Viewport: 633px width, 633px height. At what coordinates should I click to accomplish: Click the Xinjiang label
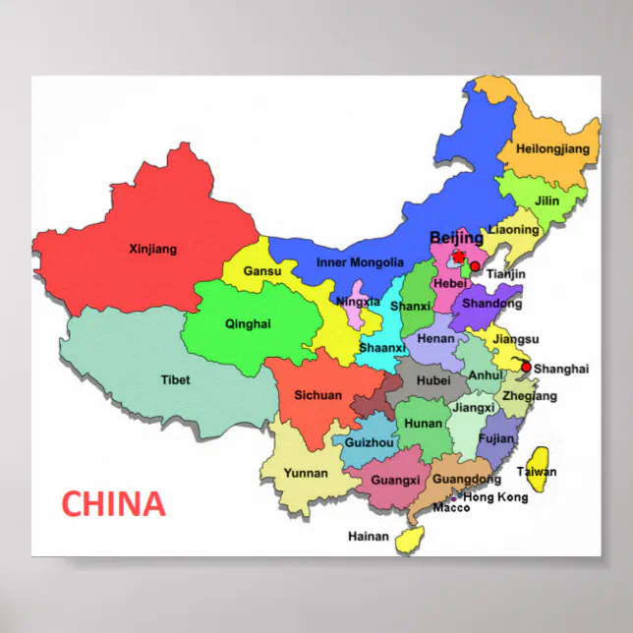pos(152,249)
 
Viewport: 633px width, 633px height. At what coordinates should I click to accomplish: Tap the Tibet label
pos(175,379)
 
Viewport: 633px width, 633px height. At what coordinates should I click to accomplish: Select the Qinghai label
pos(248,323)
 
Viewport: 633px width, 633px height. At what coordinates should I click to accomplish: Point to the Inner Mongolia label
pos(360,262)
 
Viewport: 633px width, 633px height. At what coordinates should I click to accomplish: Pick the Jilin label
pos(547,201)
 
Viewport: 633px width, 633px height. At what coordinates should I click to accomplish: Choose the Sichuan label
pos(318,395)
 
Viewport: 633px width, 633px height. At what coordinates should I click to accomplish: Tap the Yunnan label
pos(306,473)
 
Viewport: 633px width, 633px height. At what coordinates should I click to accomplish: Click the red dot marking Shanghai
pos(526,368)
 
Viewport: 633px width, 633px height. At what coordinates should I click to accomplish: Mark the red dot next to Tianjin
pos(476,266)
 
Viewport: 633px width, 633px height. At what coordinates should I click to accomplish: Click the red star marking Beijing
pos(458,257)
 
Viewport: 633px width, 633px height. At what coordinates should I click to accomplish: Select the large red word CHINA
pos(113,503)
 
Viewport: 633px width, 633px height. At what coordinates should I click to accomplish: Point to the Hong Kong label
pos(495,497)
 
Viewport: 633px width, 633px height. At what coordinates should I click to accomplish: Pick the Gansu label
pos(262,270)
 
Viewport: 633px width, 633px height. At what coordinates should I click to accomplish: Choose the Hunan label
pos(423,424)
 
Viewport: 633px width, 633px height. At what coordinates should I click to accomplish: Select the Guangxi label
pos(395,480)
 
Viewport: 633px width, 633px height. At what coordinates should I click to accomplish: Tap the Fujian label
pos(496,438)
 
